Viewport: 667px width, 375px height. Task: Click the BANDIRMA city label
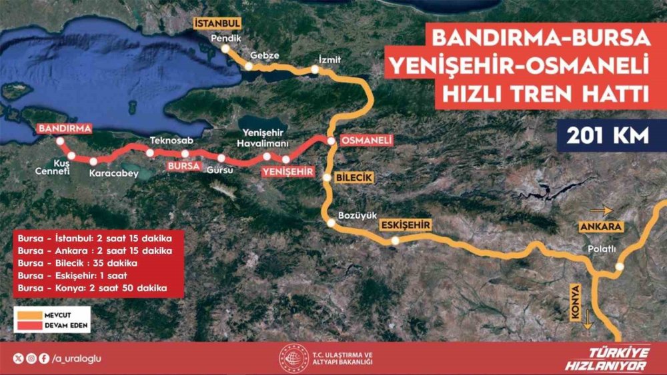64,127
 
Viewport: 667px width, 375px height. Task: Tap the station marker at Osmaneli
330,141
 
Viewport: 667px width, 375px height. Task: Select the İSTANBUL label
217,23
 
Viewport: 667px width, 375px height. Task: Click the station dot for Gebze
249,67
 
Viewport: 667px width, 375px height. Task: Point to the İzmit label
330,59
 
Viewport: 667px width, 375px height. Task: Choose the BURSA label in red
183,165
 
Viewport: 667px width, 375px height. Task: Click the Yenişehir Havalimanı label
265,137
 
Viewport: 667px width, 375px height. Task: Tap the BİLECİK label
354,178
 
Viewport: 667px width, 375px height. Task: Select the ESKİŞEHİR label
404,225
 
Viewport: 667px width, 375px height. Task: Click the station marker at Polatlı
619,266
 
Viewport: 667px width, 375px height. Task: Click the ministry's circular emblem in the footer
290,358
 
